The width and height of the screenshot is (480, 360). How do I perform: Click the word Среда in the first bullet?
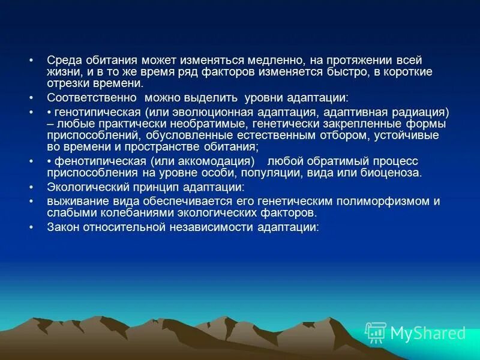pyautogui.click(x=62, y=61)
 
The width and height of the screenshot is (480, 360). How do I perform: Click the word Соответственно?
pyautogui.click(x=91, y=97)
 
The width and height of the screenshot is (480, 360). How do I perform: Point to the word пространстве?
pyautogui.click(x=166, y=147)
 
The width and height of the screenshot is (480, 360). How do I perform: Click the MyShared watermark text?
pyautogui.click(x=428, y=333)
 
